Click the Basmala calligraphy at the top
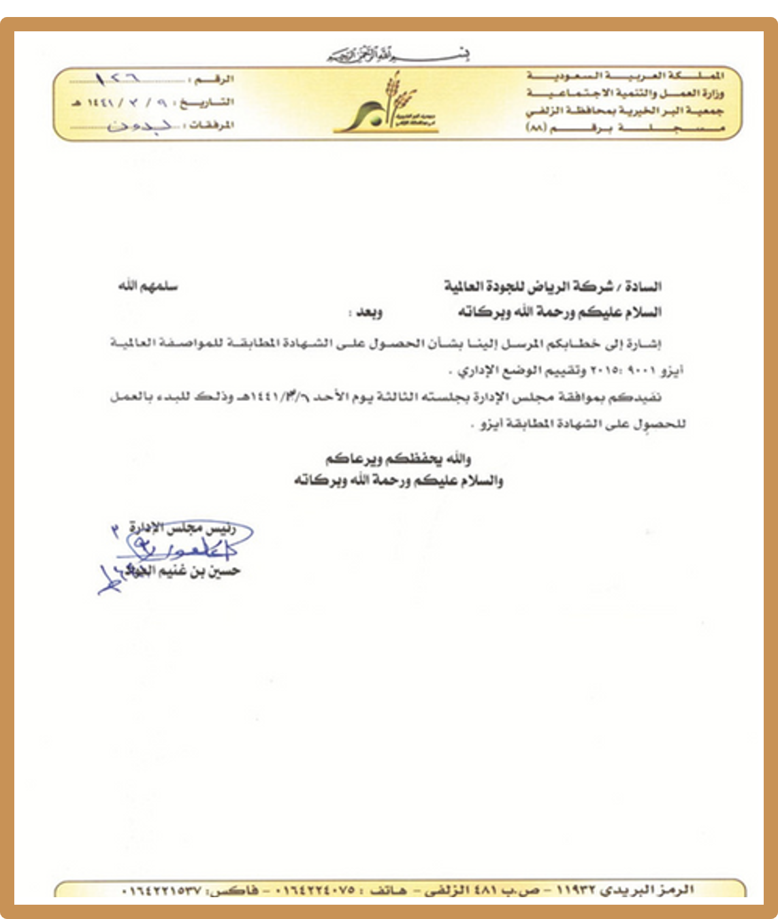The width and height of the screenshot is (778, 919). (x=398, y=55)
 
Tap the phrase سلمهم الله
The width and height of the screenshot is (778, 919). (x=148, y=287)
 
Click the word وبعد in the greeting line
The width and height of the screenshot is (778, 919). (x=366, y=312)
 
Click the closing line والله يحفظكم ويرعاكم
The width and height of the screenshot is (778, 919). (x=399, y=459)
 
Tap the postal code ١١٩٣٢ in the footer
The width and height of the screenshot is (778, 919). (x=576, y=890)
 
